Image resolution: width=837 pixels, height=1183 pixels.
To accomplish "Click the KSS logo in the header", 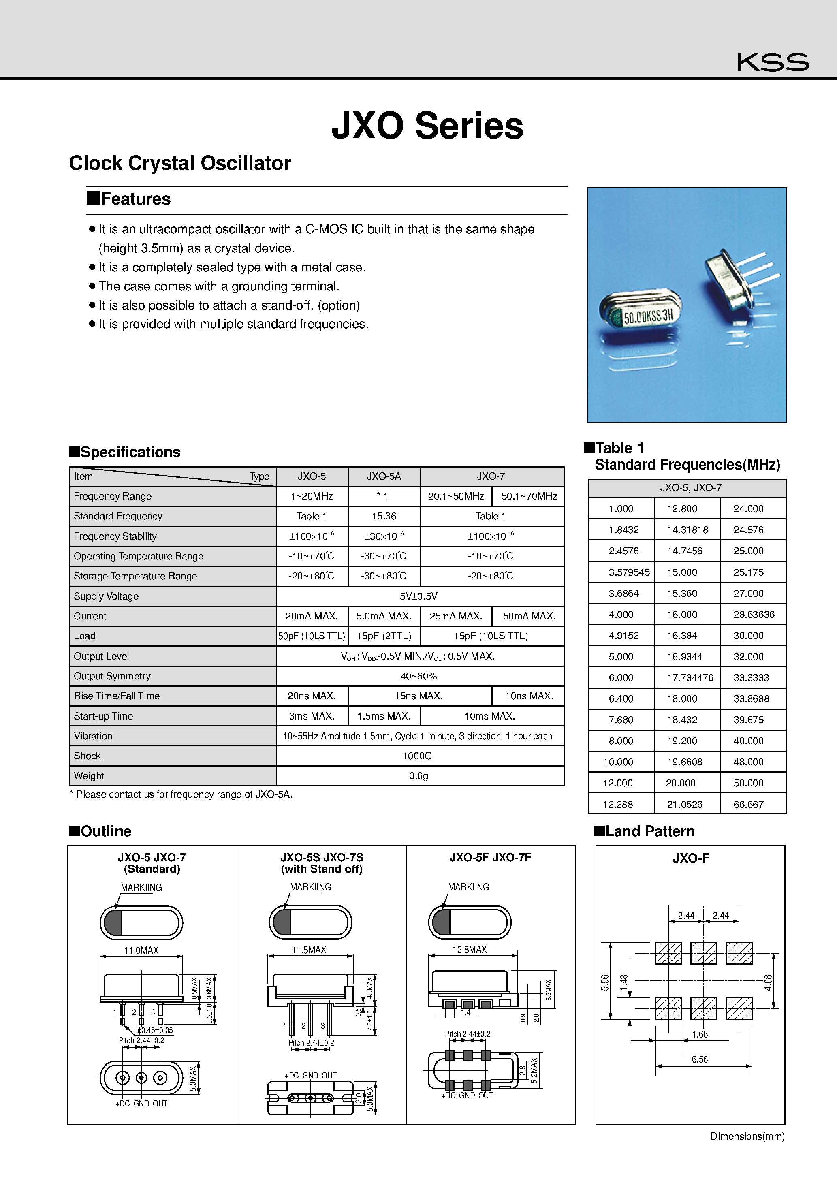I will pyautogui.click(x=772, y=62).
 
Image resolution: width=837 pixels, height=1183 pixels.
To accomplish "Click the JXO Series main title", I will pyautogui.click(x=427, y=126).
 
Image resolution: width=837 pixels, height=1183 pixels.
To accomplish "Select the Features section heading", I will pyautogui.click(x=129, y=199).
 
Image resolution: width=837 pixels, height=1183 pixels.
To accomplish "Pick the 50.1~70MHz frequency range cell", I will pyautogui.click(x=529, y=496).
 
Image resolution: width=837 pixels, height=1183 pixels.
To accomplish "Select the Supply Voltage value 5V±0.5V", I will pyautogui.click(x=418, y=596).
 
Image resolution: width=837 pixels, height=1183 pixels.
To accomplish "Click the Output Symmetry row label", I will pyautogui.click(x=112, y=676).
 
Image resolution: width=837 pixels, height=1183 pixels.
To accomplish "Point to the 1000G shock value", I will pyautogui.click(x=417, y=756).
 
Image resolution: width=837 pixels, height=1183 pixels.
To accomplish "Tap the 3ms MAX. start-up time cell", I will pyautogui.click(x=311, y=716).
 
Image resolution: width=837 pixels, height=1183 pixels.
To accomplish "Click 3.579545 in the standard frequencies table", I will pyautogui.click(x=629, y=572).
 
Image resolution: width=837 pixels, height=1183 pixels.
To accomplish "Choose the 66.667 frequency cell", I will pyautogui.click(x=748, y=804).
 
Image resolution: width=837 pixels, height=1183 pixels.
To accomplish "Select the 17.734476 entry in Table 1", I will pyautogui.click(x=690, y=677).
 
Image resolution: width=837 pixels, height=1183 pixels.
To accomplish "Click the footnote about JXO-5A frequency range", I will pyautogui.click(x=181, y=794).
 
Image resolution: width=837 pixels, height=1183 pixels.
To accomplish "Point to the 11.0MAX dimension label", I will pyautogui.click(x=141, y=950).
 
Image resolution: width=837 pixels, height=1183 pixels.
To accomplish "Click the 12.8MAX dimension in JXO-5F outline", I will pyautogui.click(x=469, y=950).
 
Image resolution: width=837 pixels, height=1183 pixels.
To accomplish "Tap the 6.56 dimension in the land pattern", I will pyautogui.click(x=699, y=1059).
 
